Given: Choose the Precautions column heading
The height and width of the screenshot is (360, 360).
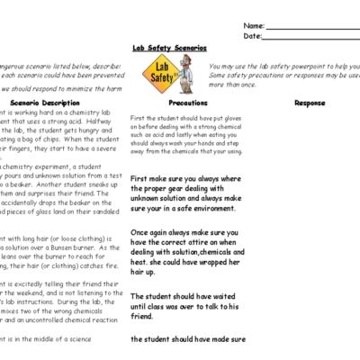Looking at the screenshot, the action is (188, 103).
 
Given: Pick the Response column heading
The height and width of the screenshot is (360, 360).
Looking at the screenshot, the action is (310, 103).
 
